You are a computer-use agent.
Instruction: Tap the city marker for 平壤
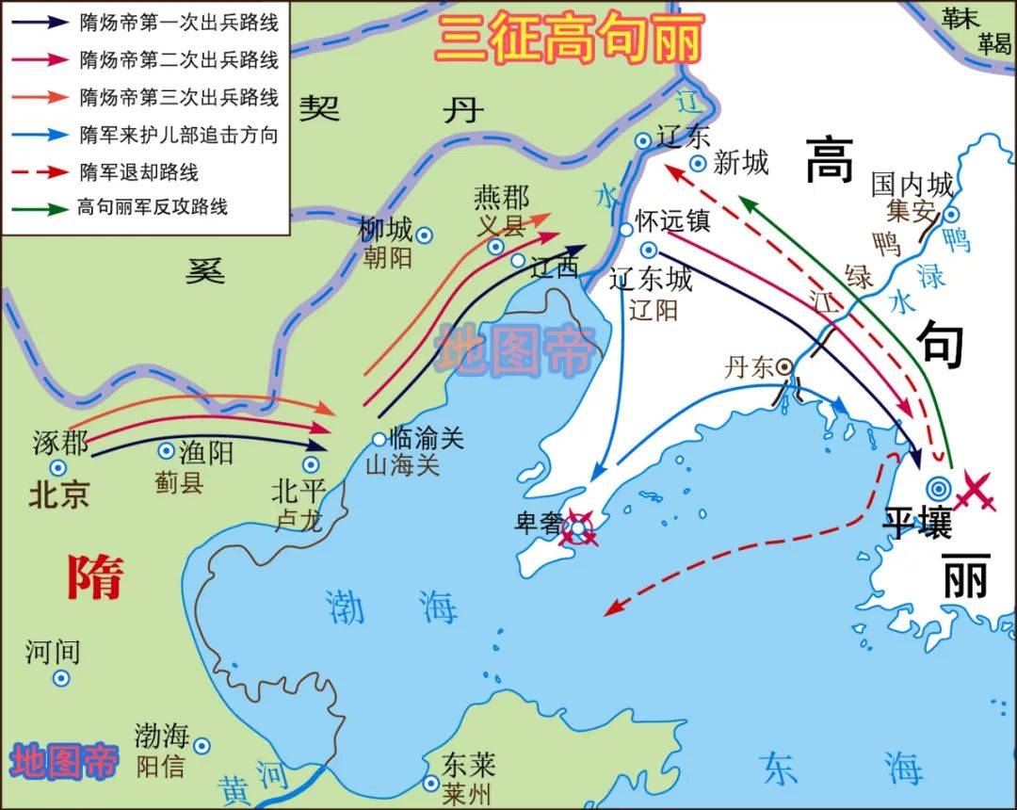point(938,487)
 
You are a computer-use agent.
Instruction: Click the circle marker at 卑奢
point(577,527)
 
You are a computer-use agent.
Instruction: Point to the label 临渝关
point(427,437)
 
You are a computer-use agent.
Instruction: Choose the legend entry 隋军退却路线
point(139,172)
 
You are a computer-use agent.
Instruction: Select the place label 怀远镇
point(671,221)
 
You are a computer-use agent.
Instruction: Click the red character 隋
point(94,576)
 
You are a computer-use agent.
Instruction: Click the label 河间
point(53,650)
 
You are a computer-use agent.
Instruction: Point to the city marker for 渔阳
point(166,452)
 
